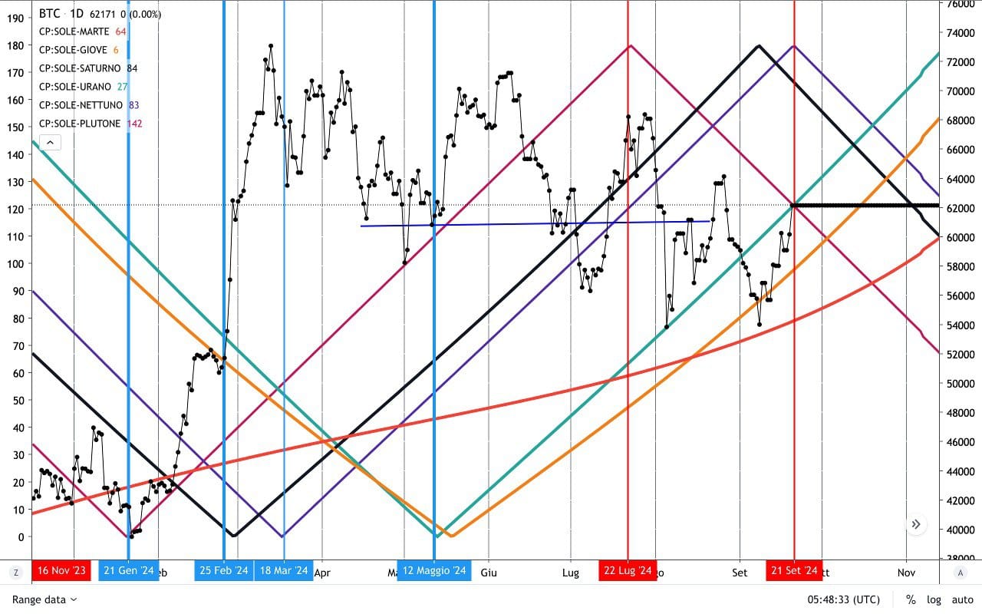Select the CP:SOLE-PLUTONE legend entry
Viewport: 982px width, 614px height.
(x=80, y=124)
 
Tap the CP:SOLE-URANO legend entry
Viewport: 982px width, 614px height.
(x=75, y=87)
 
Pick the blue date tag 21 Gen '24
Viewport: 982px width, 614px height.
(x=128, y=571)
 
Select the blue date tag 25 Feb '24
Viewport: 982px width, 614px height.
(x=224, y=571)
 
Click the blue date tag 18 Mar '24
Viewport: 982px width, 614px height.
(x=284, y=571)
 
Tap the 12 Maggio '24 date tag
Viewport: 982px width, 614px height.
(x=434, y=571)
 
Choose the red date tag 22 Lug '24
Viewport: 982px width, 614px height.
(x=628, y=571)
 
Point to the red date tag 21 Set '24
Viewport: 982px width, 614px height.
(x=794, y=571)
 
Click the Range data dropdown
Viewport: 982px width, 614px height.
(x=44, y=599)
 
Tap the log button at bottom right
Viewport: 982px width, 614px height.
(x=934, y=599)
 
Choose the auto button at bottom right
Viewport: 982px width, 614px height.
(x=962, y=599)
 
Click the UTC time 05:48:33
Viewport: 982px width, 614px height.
(x=843, y=599)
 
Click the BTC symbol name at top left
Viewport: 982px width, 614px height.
(x=50, y=14)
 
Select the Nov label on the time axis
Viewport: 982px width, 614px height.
(x=907, y=573)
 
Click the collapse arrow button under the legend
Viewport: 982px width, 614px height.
(x=50, y=143)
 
